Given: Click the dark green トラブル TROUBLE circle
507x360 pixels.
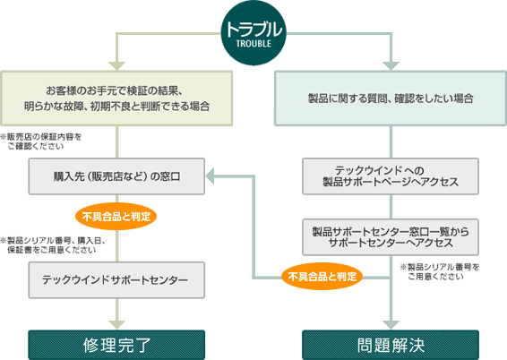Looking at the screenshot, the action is coord(253,33).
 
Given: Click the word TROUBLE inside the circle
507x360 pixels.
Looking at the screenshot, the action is coord(253,44).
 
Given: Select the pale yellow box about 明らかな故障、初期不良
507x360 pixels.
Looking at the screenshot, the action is coord(116,99).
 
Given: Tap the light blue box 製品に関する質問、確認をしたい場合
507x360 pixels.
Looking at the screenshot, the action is coord(391,99).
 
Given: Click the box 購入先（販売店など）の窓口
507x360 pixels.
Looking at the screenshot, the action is coord(116,176).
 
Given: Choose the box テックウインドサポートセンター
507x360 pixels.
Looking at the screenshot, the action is coord(116,280).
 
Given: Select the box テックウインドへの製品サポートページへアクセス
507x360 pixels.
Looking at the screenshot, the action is coord(391,176).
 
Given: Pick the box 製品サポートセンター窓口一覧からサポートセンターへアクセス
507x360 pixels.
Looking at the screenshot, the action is coord(391,237).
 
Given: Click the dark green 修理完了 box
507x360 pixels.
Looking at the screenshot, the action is coord(116,345).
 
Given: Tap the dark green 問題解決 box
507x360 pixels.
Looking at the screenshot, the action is coord(391,345).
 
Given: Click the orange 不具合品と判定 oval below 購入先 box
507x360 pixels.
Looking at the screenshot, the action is coord(116,216).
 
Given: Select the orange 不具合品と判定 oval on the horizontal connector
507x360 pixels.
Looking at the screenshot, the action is coord(322,277).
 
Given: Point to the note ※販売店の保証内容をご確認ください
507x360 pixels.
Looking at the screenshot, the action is coord(40,141).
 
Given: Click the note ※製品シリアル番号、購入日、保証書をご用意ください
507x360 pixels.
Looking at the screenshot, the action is coord(53,245).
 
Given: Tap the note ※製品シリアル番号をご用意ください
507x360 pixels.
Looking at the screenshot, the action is coord(440,271).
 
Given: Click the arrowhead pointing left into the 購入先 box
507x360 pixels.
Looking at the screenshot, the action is coord(210,176).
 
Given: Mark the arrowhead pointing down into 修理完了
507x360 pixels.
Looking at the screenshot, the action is coord(116,325).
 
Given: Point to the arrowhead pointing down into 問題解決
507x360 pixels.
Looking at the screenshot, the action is coord(391,325).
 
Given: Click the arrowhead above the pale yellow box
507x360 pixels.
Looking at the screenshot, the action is coord(116,66).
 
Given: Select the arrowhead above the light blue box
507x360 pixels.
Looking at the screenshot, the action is coord(391,66).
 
